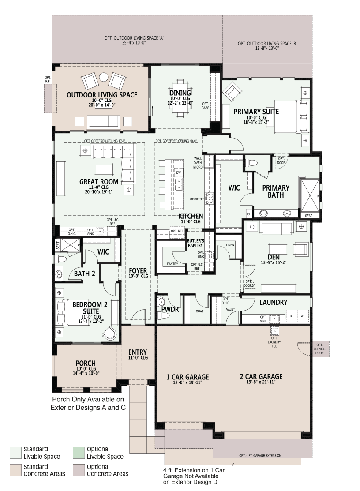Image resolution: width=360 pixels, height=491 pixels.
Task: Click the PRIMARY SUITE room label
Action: (256, 112)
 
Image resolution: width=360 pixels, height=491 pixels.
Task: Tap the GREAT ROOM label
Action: (99, 182)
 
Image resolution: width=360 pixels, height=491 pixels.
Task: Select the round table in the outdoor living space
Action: (104, 77)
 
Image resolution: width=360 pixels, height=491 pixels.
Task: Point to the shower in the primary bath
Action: (310, 196)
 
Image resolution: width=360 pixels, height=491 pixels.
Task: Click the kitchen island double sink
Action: (178, 184)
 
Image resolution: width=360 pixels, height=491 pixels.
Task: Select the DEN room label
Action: (274, 257)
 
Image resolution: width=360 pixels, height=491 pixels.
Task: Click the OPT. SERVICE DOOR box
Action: (319, 349)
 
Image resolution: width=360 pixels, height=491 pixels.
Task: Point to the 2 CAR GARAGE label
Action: (261, 376)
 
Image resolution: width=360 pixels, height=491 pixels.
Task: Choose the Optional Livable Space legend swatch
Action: (79, 453)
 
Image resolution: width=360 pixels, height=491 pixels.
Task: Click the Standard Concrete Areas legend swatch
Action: (15, 470)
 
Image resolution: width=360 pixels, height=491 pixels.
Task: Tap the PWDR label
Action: (170, 309)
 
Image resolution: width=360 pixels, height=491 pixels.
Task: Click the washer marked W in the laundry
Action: (302, 316)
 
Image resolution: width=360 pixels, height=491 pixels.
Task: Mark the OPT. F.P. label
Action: (48, 79)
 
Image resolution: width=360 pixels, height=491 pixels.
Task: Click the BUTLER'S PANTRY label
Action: (195, 243)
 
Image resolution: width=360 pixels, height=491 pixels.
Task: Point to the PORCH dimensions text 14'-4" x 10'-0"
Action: (86, 373)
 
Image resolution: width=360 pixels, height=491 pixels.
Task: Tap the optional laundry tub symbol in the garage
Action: (274, 331)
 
